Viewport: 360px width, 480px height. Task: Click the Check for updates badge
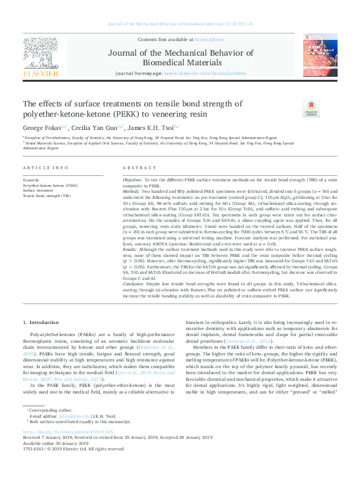[293, 109]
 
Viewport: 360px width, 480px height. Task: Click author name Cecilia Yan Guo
[96, 128]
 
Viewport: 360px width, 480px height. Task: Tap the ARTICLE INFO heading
[45, 167]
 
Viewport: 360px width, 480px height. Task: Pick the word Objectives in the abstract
[133, 181]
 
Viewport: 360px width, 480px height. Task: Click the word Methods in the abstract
[132, 190]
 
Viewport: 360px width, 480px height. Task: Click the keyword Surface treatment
[38, 190]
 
